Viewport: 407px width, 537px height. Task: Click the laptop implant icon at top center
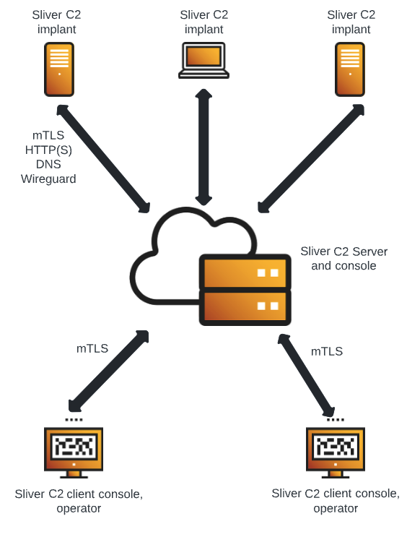203,60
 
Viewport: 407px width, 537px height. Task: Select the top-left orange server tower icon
59,69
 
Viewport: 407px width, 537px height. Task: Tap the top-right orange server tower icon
350,69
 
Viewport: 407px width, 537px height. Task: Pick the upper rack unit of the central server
245,272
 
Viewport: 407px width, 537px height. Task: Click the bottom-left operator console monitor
74,450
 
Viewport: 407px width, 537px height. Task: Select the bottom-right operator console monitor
336,450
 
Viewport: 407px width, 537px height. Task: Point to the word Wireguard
48,179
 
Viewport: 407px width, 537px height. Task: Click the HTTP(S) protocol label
48,150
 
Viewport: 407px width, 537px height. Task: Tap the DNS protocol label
48,164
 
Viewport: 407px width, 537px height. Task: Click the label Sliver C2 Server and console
343,258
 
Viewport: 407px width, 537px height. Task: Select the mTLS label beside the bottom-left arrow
92,348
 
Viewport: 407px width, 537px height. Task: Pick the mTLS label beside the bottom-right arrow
327,351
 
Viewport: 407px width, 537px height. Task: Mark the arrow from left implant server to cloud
103,158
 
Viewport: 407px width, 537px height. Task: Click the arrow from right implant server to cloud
311,158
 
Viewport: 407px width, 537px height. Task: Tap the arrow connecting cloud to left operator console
109,371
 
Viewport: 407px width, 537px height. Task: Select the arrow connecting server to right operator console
306,374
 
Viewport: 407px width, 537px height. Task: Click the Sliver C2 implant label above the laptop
204,22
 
